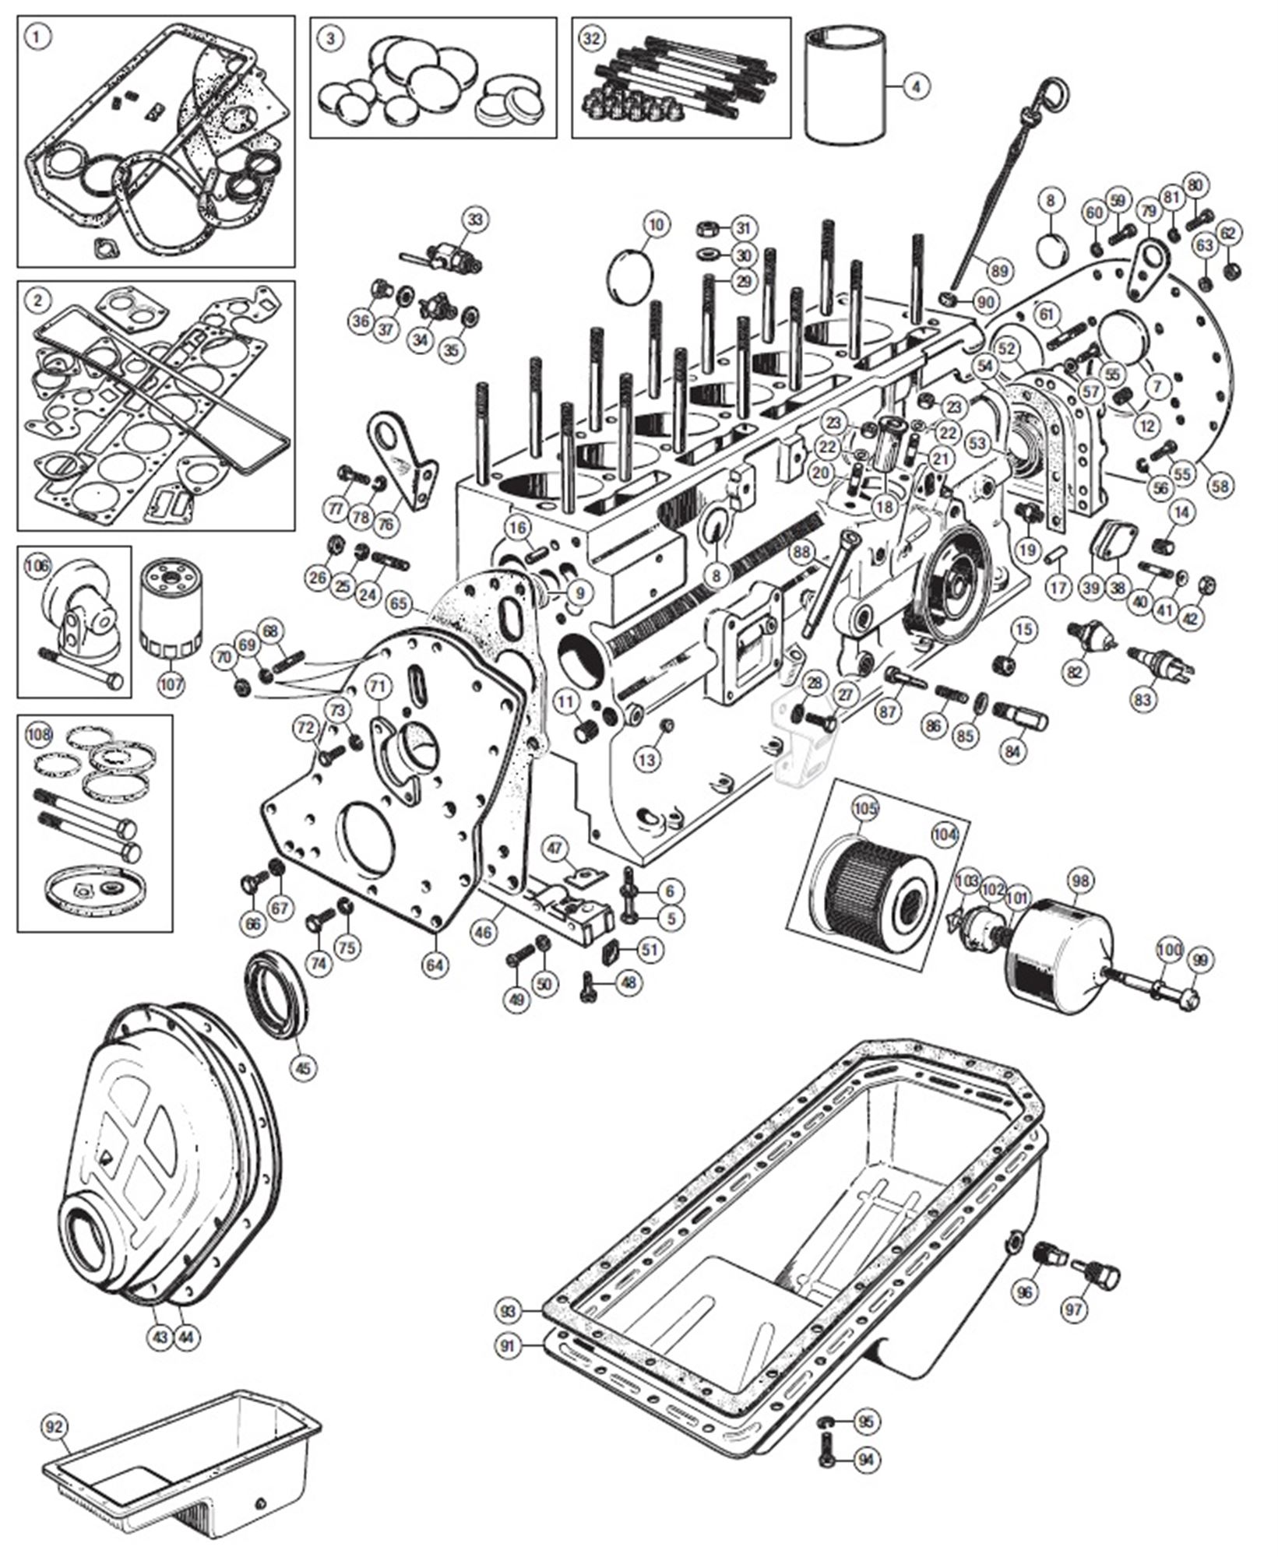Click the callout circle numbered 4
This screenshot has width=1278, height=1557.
[916, 86]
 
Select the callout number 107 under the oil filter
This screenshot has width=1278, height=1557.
[171, 684]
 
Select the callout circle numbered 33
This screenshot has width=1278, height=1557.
[476, 220]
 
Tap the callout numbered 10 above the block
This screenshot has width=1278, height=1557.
[657, 225]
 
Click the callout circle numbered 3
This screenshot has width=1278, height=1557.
[331, 39]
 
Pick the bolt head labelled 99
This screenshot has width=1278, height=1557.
[1188, 996]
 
